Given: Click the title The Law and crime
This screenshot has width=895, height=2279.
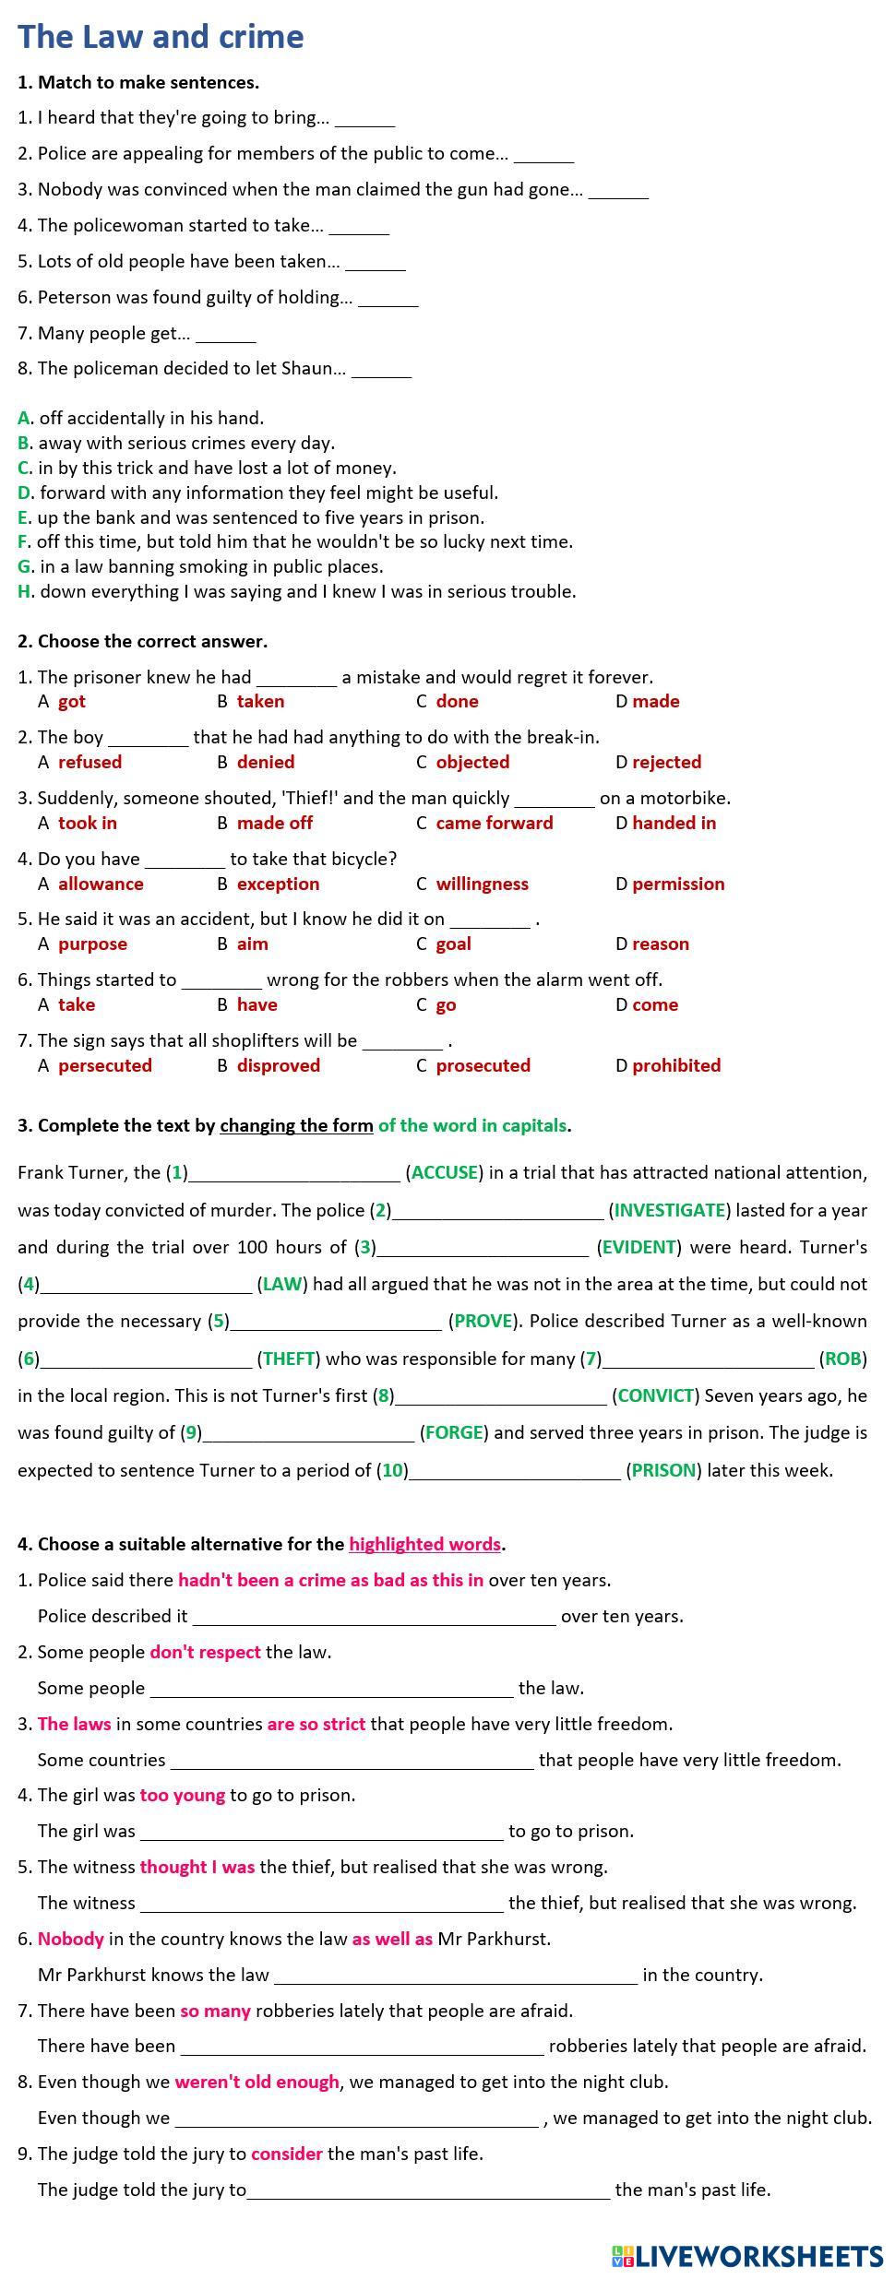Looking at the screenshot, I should tap(161, 37).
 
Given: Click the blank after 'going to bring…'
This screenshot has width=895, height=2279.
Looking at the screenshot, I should tap(364, 119).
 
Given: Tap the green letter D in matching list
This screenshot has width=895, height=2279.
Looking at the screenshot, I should tap(24, 493).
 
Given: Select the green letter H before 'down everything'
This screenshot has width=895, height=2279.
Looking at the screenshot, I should tap(24, 591).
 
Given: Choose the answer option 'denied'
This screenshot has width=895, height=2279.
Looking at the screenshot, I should tap(266, 762).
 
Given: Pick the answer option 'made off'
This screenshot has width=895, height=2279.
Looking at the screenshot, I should tap(274, 823).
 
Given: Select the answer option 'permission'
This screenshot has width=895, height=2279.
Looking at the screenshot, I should tap(678, 884).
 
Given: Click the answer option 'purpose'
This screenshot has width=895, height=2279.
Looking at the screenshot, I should tap(92, 944).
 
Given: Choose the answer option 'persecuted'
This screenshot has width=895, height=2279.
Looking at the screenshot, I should tap(104, 1065).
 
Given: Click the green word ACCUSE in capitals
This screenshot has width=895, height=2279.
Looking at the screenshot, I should tap(444, 1172).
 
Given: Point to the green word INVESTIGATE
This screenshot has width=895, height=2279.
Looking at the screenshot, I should tap(669, 1210).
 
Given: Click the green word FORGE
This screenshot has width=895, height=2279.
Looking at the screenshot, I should tap(453, 1432).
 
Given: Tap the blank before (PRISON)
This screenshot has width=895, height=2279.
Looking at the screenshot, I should tap(514, 1469).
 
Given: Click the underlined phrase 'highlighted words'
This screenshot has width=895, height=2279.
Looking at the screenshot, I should tap(424, 1544).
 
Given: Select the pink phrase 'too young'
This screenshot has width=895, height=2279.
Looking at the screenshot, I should tap(182, 1795).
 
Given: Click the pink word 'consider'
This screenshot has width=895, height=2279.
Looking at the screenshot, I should tap(286, 2154).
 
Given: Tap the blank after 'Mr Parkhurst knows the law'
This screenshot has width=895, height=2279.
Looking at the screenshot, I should tap(455, 1975).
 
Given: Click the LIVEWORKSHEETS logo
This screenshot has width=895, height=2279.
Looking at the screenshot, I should tap(746, 2256).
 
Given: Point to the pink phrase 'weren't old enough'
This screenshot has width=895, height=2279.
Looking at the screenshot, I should tap(257, 2082).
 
